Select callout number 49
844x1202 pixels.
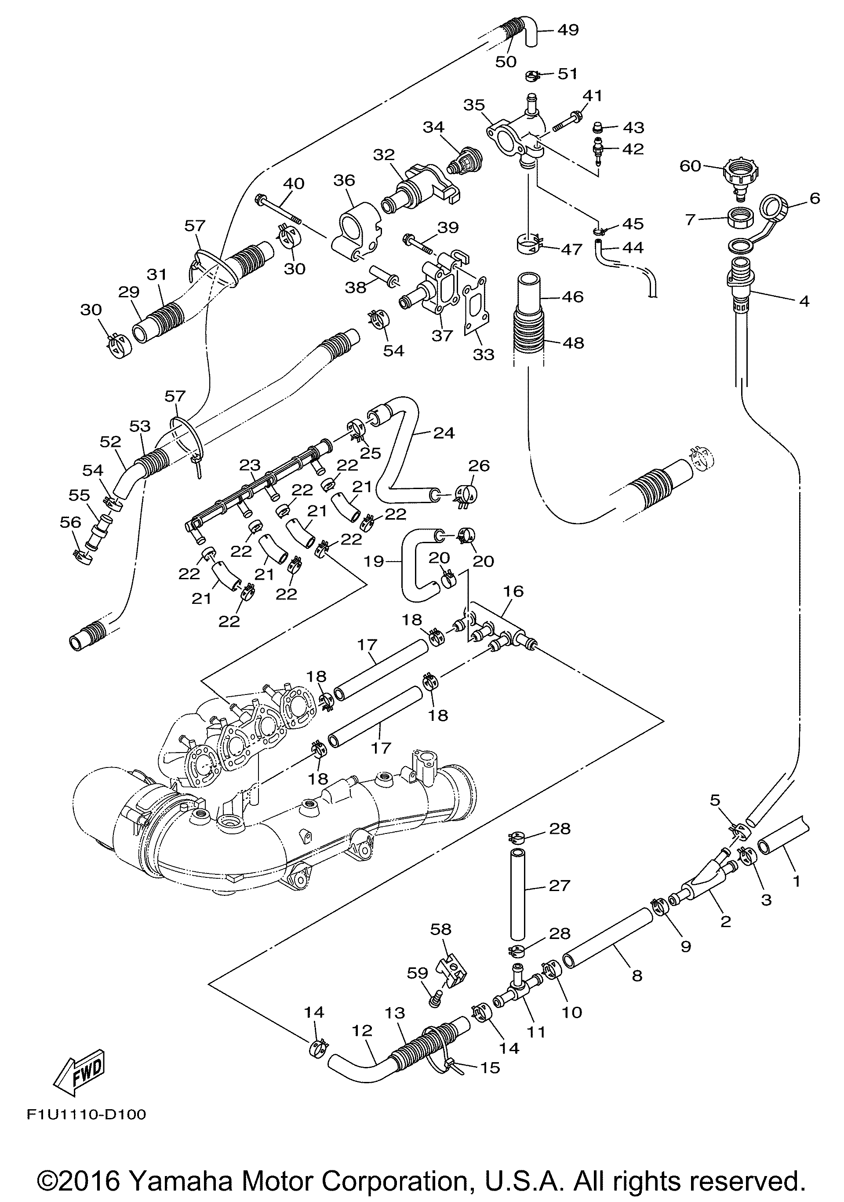pos(568,30)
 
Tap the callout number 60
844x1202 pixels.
pos(690,166)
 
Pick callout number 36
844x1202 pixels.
pos(344,180)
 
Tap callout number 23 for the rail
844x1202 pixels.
pos(250,465)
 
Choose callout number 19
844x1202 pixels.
pos(374,562)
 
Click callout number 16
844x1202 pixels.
pos(513,591)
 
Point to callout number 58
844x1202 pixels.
pos(440,929)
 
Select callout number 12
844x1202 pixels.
pos(362,1031)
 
